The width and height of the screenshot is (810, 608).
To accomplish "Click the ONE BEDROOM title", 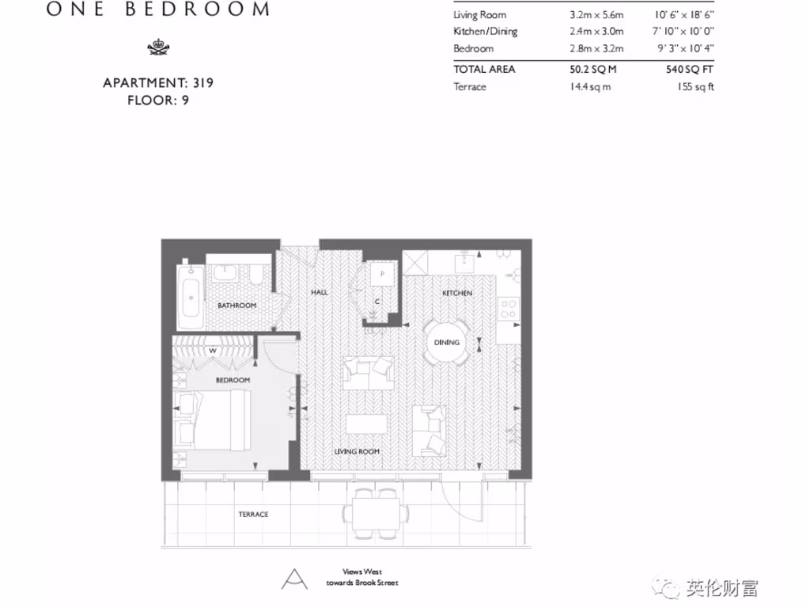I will click(x=158, y=10).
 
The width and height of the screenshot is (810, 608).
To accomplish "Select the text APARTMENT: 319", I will click(x=158, y=82).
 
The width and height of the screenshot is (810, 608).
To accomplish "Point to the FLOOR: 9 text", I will click(x=158, y=101).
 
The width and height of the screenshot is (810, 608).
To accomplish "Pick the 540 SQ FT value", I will click(x=690, y=70).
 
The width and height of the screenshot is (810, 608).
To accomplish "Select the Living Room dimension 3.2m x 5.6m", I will click(x=596, y=15).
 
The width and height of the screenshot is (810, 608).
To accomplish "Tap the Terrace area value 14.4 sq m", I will click(x=590, y=87).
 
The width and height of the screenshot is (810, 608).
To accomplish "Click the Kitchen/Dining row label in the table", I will click(x=485, y=32).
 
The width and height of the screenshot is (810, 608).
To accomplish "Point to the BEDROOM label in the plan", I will click(x=233, y=381).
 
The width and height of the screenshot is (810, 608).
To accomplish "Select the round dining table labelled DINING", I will click(x=446, y=343).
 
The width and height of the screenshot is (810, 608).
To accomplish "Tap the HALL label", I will click(x=320, y=292).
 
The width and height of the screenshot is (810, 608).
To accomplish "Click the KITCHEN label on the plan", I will click(x=457, y=294).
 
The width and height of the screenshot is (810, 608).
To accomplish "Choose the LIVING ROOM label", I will click(x=358, y=451).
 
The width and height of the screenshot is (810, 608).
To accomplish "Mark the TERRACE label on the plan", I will click(x=253, y=515).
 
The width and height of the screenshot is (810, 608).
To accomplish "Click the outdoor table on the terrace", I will click(x=376, y=507).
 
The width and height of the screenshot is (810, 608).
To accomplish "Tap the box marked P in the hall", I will click(x=382, y=274).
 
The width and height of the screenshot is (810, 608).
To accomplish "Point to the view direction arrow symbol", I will click(x=294, y=579).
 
